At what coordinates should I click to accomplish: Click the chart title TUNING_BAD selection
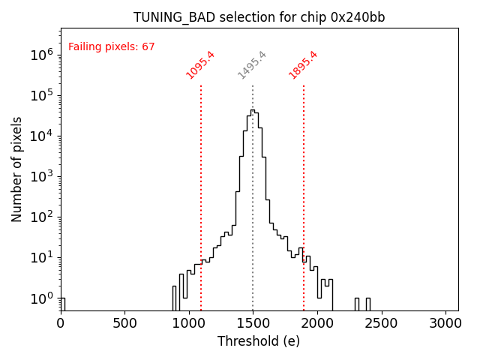pos(259,17)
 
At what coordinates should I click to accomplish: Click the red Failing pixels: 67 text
pos(111,46)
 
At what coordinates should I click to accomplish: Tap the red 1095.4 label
pos(200,64)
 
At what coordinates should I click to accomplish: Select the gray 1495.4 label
pos(252,64)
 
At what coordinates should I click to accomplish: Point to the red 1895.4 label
pos(303,64)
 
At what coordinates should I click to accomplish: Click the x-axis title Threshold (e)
pos(259,341)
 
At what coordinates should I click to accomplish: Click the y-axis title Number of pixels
pos(17,169)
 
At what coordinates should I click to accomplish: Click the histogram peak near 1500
pos(253,111)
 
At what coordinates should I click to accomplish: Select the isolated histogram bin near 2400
pos(367,304)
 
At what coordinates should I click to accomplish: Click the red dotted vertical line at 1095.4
pos(201,187)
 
